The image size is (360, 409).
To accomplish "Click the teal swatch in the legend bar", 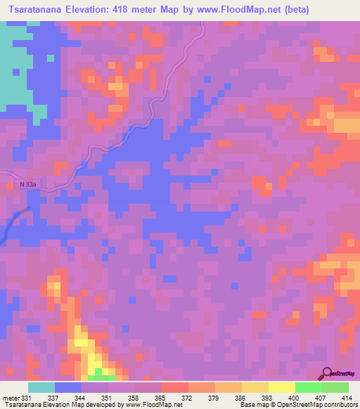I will (41, 387).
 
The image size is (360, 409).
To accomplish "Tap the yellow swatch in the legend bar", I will (281, 387).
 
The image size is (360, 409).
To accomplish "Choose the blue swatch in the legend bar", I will (68, 387).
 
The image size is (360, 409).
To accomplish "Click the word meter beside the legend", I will (11, 398).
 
